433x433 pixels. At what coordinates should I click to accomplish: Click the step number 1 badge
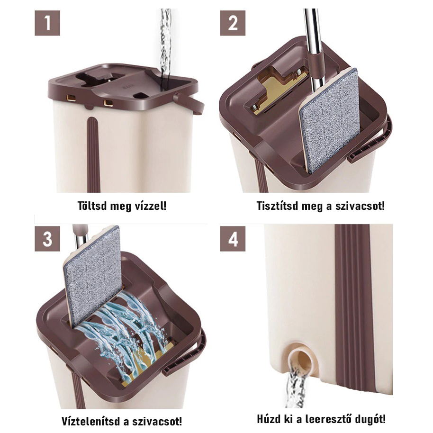[x=47, y=23]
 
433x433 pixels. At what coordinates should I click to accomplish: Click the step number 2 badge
[x=233, y=23]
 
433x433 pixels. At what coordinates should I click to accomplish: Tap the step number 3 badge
[x=47, y=239]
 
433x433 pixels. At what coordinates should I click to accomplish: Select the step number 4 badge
[x=233, y=239]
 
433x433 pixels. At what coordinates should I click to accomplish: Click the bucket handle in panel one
[x=190, y=103]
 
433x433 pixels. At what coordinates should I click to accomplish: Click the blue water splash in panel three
[x=124, y=331]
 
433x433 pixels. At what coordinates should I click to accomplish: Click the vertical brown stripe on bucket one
[x=93, y=154]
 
